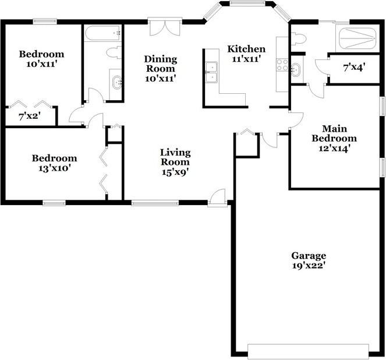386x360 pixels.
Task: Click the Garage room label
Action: [x=308, y=260]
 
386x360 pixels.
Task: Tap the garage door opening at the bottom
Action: [x=308, y=351]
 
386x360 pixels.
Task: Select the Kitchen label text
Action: [x=246, y=54]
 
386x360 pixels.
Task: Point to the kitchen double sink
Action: [x=211, y=72]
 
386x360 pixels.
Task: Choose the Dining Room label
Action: [x=160, y=68]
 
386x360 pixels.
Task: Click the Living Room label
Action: [x=175, y=162]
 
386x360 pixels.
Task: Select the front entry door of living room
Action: [x=218, y=197]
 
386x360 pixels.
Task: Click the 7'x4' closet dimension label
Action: [x=353, y=68]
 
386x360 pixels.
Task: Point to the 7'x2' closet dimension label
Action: [x=29, y=117]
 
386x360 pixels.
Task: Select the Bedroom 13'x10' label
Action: [x=54, y=163]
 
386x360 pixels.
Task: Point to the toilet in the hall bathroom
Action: [x=114, y=52]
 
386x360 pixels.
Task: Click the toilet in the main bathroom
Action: [x=298, y=39]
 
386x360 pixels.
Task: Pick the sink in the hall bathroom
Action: [x=116, y=82]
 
